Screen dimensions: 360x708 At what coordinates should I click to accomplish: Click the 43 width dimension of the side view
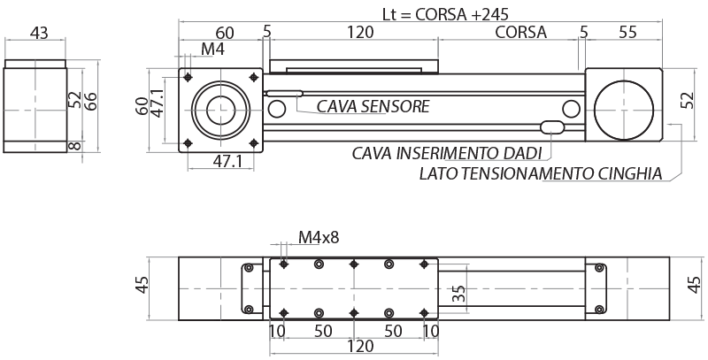coord(39,33)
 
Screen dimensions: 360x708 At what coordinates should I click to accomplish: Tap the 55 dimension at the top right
coord(627,33)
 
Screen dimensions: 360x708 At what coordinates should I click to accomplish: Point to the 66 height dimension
coord(90,98)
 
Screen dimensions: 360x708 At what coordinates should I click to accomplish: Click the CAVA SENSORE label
coord(373,107)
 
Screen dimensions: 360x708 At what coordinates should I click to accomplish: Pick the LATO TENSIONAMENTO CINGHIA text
coord(541,174)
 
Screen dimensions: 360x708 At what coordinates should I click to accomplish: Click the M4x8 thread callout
coord(318,237)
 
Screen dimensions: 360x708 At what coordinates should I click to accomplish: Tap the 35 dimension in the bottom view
coord(458,295)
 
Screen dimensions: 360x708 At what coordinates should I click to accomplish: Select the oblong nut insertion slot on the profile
coord(553,127)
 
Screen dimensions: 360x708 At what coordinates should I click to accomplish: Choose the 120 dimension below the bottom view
coord(359,346)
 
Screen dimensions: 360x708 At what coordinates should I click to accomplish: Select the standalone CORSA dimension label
coord(520,33)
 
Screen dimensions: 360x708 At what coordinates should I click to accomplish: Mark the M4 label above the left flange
coord(212,50)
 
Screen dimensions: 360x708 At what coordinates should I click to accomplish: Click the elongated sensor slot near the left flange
coord(284,93)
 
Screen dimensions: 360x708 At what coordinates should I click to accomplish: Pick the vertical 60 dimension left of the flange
coord(142,106)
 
